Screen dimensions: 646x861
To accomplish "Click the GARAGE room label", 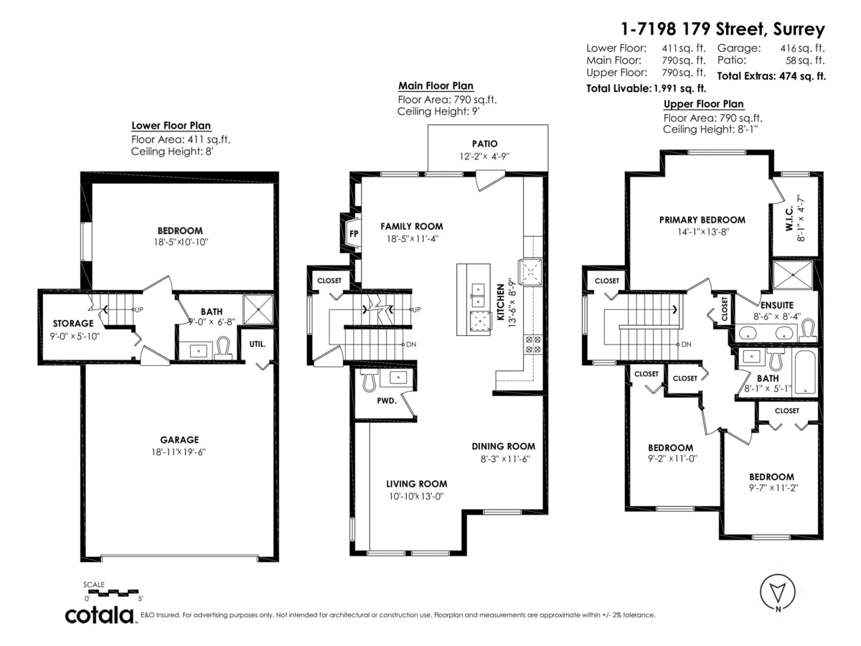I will (x=179, y=439).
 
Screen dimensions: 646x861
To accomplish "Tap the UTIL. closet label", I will (x=258, y=344).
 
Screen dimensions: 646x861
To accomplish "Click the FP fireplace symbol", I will (x=354, y=234).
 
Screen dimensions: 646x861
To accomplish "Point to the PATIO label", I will (x=484, y=144).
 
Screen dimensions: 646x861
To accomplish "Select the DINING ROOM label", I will (x=503, y=446).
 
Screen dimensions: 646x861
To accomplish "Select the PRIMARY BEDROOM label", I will (x=702, y=220).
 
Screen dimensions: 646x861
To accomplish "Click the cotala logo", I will (x=100, y=615).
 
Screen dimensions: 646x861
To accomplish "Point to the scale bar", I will (x=113, y=592).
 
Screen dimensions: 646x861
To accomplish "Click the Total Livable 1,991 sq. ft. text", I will (x=646, y=89).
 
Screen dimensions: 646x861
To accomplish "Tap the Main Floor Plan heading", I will (x=436, y=85).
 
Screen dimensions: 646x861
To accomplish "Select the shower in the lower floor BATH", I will (x=257, y=309).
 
